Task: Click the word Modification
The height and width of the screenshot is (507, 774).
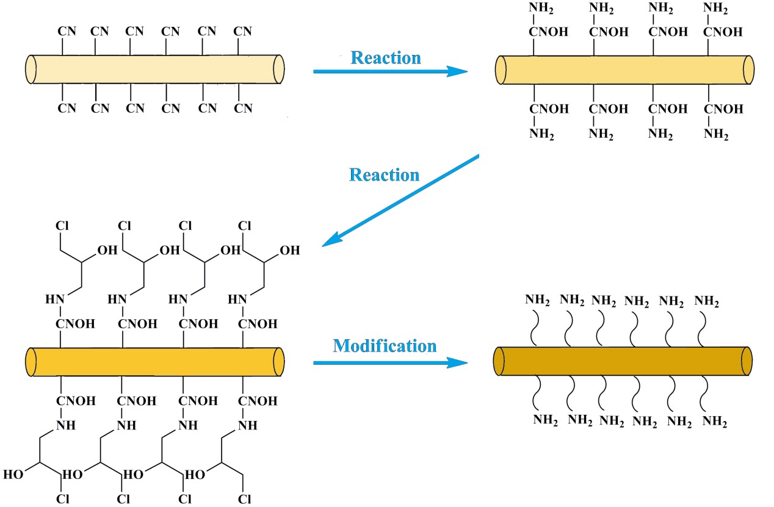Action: point(385,346)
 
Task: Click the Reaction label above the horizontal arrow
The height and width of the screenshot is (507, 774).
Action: point(385,58)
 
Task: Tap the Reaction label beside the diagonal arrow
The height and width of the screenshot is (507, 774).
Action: point(384,175)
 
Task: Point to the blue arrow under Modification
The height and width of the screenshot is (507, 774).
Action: point(390,363)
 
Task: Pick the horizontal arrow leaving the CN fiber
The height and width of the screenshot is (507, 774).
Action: point(390,71)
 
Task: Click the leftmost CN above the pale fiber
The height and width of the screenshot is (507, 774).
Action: point(67,31)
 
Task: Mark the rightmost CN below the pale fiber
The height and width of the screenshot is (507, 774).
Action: point(244,109)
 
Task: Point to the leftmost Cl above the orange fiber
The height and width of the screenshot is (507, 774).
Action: point(62,226)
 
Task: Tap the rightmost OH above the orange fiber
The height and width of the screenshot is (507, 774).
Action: point(290,251)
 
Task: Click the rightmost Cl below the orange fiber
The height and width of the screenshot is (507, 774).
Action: point(244,498)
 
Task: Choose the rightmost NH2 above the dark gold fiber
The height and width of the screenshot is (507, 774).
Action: point(707,301)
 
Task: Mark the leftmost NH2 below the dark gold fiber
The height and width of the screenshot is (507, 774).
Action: point(546,420)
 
